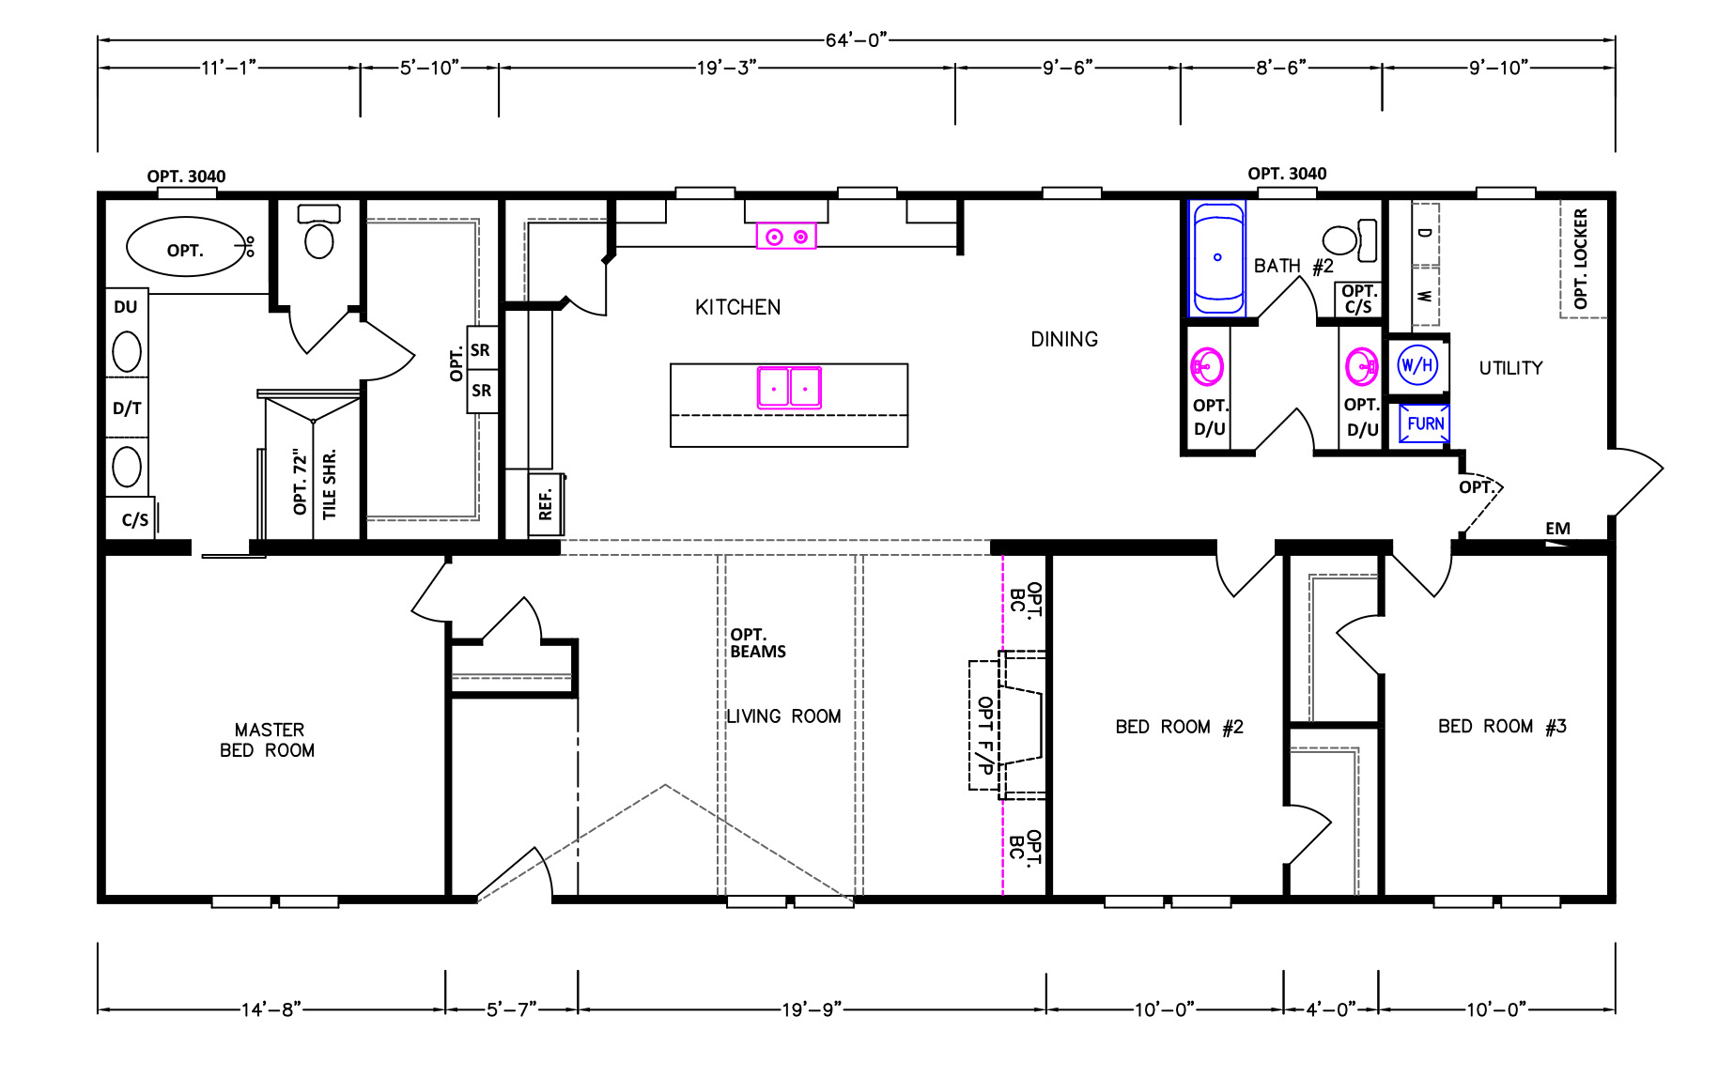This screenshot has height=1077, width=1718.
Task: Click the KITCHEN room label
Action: pos(737,307)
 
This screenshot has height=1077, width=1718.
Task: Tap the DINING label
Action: pos(1064,339)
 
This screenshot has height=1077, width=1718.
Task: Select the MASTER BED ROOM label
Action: pos(268,740)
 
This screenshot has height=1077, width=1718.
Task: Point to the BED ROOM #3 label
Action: pos(1502,726)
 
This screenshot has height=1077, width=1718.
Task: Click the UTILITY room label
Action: pos(1510,368)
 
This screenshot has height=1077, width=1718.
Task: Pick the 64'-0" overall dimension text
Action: pos(856,39)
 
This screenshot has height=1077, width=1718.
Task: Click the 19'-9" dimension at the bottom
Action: pos(812,1009)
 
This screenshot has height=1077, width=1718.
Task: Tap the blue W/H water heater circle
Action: pos(1417,364)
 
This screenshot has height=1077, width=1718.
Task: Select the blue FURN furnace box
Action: pos(1424,423)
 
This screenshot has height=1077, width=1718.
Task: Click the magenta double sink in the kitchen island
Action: pos(789,387)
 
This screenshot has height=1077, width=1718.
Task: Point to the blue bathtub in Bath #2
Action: pos(1217,258)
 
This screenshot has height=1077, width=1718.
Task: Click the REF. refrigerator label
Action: pos(546,502)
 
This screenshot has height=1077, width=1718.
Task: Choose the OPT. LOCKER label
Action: pos(1580,258)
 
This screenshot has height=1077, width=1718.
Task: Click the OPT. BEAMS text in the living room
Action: pos(758,643)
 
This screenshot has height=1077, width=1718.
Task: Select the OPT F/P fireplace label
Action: pos(985,735)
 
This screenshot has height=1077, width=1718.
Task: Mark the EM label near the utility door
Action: pos(1557,529)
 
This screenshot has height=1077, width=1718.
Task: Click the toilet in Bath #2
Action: pos(1350,240)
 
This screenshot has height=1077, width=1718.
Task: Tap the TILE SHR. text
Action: pos(329,485)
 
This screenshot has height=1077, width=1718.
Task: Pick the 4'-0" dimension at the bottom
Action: pos(1331,1009)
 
